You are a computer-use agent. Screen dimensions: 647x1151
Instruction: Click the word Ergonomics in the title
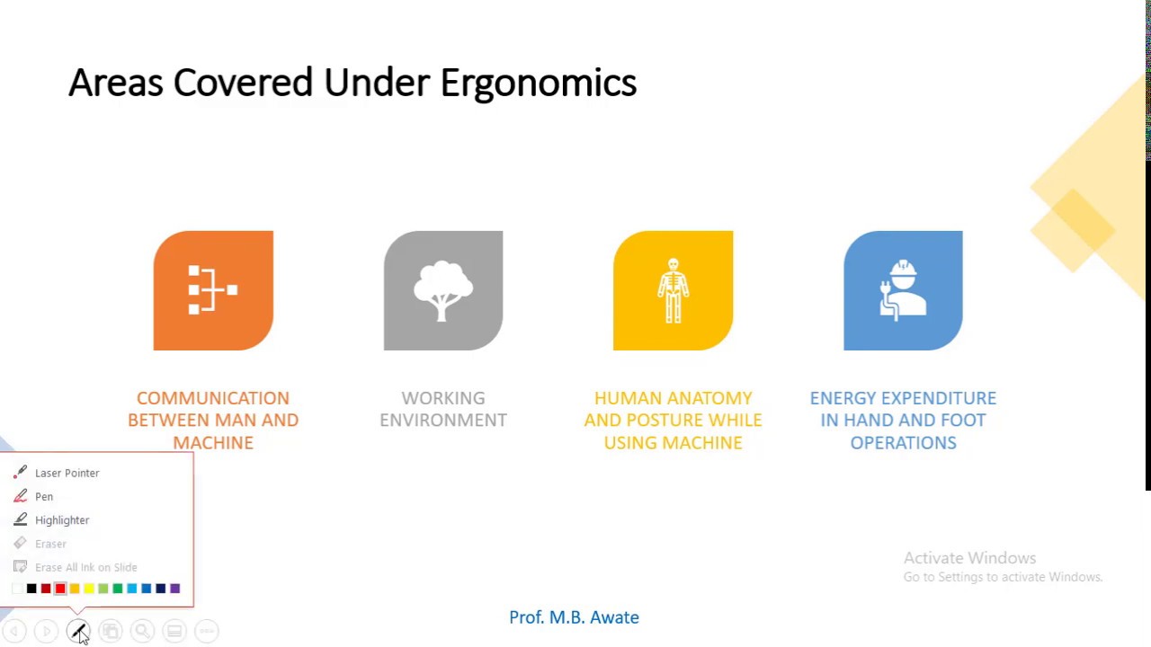tap(538, 84)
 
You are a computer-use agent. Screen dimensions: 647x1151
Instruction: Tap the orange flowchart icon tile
tap(213, 290)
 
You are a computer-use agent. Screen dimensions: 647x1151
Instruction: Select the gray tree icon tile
tap(443, 290)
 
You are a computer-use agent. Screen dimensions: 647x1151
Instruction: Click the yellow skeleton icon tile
tap(673, 290)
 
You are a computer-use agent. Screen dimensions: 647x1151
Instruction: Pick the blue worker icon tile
tap(903, 290)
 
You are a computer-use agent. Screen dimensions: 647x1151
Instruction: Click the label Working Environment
tap(443, 409)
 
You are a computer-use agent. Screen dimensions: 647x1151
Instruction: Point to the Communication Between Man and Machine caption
tap(213, 420)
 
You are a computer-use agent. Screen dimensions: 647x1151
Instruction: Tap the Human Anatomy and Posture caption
tap(673, 420)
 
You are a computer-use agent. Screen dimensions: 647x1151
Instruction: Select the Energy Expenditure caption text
tap(903, 420)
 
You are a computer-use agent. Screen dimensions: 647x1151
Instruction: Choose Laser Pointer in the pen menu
tap(67, 473)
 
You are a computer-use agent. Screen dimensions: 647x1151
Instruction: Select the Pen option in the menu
tap(44, 496)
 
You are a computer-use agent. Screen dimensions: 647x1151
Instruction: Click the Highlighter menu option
tap(62, 520)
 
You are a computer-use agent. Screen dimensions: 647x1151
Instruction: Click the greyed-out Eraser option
tap(50, 544)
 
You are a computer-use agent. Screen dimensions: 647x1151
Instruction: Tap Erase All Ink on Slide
tap(85, 567)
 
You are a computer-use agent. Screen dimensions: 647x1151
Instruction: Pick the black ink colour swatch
tap(31, 589)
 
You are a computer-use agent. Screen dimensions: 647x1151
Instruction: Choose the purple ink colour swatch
tap(175, 589)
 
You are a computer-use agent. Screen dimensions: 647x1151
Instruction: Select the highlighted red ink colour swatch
tap(60, 589)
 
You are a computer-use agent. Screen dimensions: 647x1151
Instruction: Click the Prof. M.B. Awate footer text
tap(574, 617)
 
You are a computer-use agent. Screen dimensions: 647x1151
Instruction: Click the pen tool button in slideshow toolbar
tap(78, 631)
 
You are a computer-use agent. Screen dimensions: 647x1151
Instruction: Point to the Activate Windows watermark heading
tap(969, 558)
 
